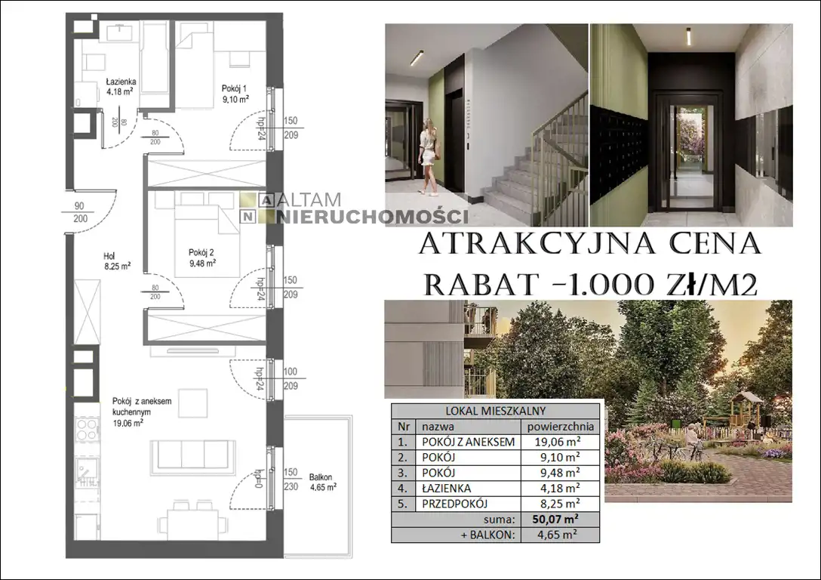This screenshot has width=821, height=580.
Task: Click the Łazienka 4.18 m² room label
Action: point(121,86)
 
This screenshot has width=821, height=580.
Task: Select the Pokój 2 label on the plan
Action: point(203,258)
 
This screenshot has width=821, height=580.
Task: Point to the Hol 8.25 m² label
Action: point(117,261)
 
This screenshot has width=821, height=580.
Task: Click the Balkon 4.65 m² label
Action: point(322,482)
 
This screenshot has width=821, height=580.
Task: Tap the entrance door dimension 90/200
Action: point(80,213)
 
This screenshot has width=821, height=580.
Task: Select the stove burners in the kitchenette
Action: point(87,429)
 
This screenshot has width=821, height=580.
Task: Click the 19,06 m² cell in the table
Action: point(557,442)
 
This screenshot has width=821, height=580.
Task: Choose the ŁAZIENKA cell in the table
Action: point(446,489)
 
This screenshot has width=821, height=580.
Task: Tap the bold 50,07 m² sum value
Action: point(555,520)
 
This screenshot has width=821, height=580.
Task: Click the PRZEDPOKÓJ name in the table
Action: point(454,504)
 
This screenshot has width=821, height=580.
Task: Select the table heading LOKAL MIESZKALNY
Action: point(495,412)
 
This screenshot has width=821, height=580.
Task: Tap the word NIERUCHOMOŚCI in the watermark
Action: point(372,217)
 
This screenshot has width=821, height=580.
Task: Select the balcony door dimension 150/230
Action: point(291,480)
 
